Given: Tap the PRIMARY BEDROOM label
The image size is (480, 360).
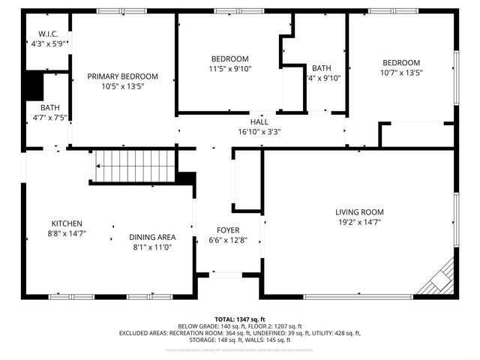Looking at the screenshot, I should tap(122, 76).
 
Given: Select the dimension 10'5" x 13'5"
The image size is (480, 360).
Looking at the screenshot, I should tap(122, 86).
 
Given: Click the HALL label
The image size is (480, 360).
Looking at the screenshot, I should tap(259, 121).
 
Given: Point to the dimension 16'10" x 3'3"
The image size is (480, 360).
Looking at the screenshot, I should tap(259, 131).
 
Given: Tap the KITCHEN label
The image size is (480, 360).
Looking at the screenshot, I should tap(67, 223).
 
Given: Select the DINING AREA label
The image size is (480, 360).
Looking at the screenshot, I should tap(152, 237).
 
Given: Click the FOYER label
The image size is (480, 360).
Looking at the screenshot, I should tap(228, 230).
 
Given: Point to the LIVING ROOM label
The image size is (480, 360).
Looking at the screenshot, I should tap(359, 212).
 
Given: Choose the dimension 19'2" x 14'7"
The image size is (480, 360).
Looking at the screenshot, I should tap(359, 222).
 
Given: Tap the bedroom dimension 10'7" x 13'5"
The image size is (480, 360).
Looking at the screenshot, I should tap(401, 73).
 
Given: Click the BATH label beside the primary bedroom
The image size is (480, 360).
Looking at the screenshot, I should tap(50, 107).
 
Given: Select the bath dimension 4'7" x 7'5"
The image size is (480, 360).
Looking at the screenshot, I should tap(50, 117).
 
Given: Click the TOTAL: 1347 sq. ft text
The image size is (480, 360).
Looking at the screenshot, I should tap(239, 318).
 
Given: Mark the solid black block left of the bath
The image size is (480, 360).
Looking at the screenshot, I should tap(32, 86).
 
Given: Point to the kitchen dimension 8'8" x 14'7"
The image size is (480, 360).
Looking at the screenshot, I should tap(67, 233).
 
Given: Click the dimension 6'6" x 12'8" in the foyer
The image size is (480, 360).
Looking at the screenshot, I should tap(228, 240).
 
